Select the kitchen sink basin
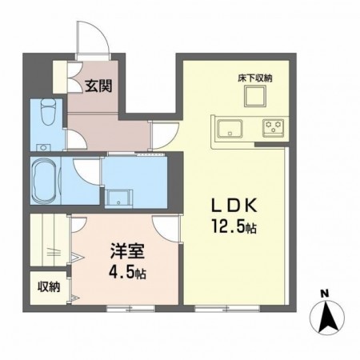pyautogui.click(x=230, y=127)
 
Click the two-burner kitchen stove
pyautogui.click(x=273, y=126)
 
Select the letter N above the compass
pyautogui.click(x=324, y=293)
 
